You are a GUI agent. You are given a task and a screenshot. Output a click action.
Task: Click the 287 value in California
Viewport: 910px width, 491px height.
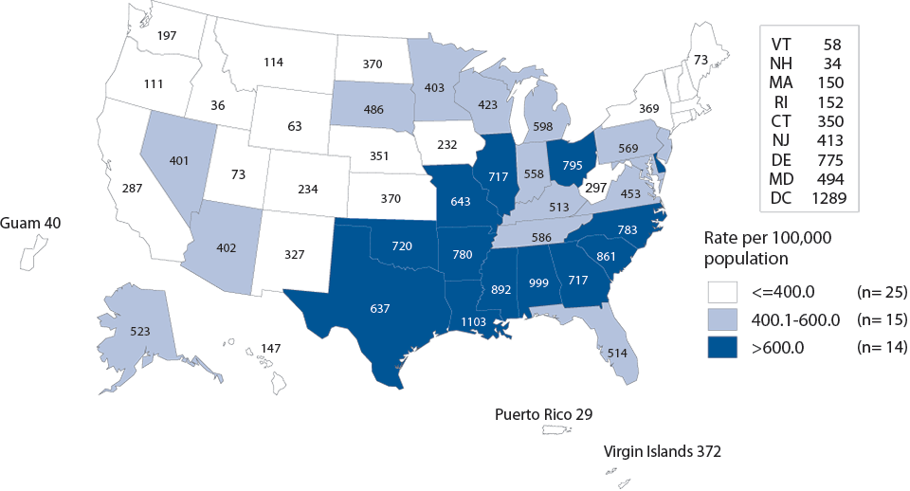134,188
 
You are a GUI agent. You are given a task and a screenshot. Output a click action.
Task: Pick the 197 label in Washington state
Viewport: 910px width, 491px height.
168,36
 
